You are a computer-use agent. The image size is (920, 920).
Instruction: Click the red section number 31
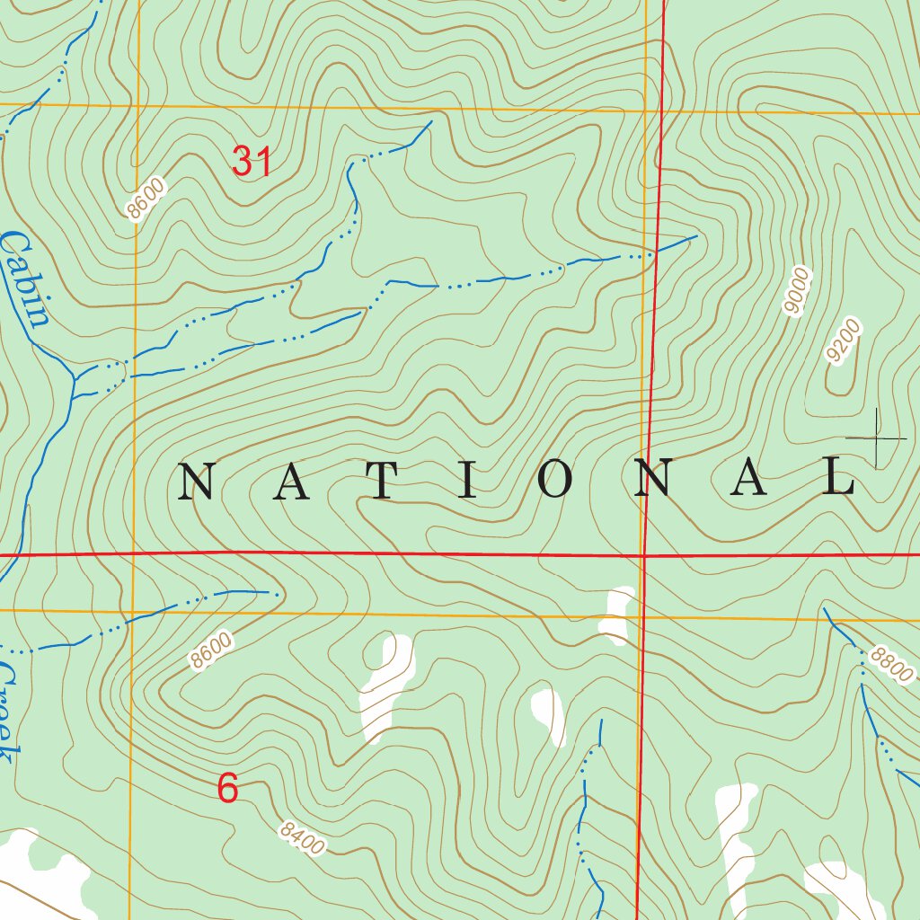coord(252,162)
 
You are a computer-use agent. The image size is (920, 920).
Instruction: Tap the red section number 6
coord(228,789)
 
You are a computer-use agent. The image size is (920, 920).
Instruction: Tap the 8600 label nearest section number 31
coord(146,199)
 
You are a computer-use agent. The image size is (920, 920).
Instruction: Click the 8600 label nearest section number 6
coord(211,650)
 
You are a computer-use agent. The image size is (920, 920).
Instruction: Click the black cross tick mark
coord(876,438)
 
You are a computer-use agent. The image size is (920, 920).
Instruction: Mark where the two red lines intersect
coord(645,555)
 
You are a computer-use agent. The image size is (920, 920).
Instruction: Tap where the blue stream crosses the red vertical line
coord(655,252)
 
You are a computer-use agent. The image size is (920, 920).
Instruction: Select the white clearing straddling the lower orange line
coord(617,615)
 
